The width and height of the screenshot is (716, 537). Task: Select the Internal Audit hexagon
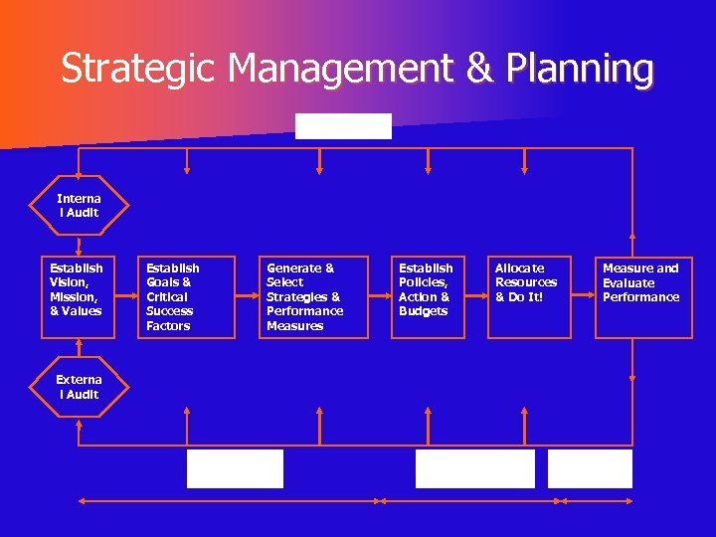tap(78, 206)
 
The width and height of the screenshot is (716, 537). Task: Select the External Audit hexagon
tap(78, 387)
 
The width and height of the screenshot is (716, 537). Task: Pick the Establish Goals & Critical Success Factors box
tap(186, 296)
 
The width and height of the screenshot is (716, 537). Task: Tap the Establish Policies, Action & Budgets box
tap(428, 296)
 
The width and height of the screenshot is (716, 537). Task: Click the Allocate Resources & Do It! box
tap(528, 296)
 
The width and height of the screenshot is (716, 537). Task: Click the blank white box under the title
tap(344, 126)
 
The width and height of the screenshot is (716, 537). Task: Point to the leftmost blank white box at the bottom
tap(235, 468)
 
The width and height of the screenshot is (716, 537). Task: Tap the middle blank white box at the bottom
tap(474, 468)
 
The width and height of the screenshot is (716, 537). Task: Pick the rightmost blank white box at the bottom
tap(590, 468)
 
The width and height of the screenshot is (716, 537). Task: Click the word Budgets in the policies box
tap(424, 311)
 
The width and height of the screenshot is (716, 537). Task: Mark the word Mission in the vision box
tap(73, 296)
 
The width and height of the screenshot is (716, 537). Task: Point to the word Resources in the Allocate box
tap(526, 282)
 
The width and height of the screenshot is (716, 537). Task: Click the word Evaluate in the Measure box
tap(628, 282)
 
